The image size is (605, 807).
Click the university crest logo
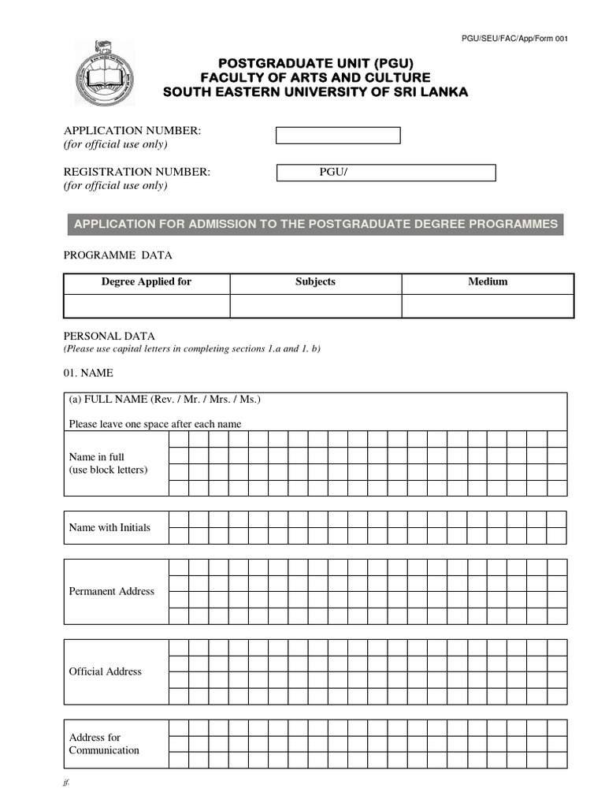104,74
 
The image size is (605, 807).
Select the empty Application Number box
337,136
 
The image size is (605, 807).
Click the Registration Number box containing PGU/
386,173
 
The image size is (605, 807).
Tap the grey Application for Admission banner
315,224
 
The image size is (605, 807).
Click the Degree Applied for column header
147,282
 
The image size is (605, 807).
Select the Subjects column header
315,282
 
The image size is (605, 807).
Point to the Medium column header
488,282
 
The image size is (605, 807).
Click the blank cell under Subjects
315,306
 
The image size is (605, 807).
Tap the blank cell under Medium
488,306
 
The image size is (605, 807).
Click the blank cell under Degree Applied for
147,306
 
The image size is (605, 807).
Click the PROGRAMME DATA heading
117,255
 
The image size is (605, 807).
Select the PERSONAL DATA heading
109,336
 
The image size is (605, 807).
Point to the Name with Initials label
109,527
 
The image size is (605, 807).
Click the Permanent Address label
112,591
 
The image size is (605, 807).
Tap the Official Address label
106,671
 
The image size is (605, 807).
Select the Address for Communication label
104,744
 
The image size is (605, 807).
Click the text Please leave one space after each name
155,424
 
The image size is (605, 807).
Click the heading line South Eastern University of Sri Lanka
315,92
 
